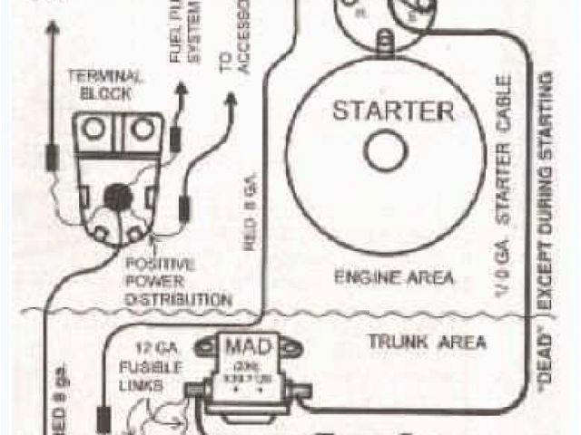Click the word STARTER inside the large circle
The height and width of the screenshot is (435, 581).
click(392, 112)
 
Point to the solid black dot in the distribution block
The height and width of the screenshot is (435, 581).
click(116, 195)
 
